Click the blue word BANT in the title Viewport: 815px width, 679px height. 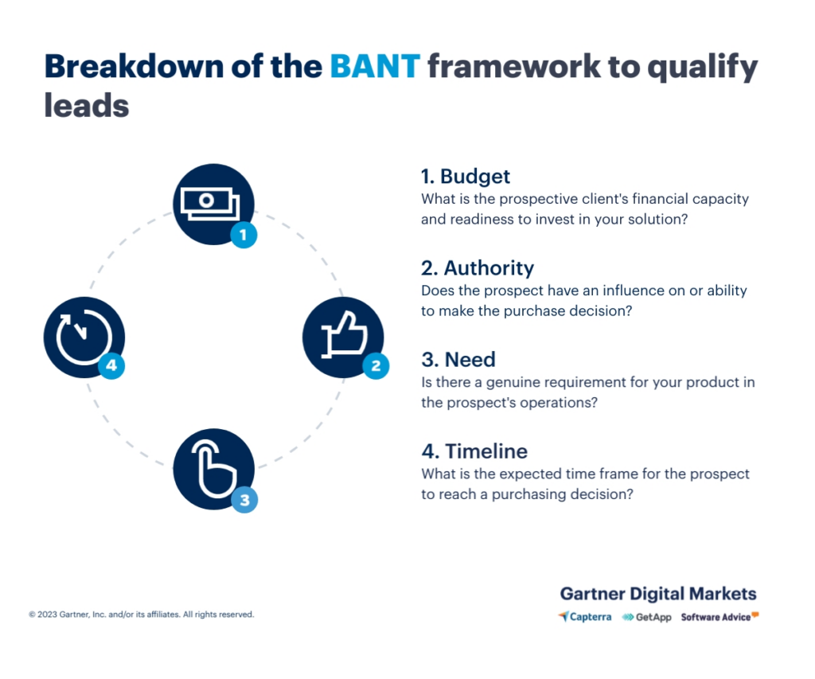375,67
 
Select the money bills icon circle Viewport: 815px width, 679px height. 213,203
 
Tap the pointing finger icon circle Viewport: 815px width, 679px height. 213,469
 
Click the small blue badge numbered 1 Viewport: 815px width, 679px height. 244,234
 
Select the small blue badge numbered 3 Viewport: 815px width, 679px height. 244,500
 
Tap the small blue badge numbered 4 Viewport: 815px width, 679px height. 112,366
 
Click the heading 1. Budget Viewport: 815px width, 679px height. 466,176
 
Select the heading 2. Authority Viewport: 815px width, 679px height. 478,267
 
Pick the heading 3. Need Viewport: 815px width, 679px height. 458,360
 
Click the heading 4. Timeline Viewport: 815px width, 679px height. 474,451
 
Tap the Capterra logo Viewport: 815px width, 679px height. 585,617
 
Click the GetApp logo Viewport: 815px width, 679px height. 646,617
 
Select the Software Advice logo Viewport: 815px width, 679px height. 719,617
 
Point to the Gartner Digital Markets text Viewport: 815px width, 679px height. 658,594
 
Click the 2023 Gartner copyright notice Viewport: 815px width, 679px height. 142,615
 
